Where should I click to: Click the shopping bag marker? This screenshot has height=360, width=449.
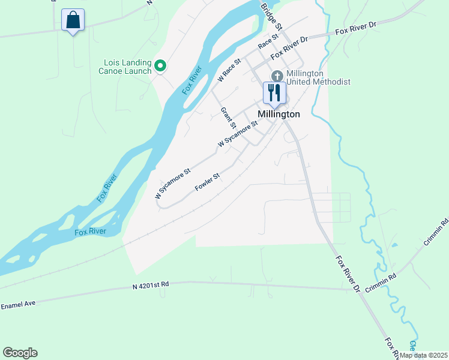pos(73,20)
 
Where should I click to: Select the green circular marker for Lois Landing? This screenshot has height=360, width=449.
pos(160,65)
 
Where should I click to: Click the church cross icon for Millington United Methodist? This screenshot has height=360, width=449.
pos(277,76)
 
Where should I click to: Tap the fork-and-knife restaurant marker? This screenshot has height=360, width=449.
pos(274,93)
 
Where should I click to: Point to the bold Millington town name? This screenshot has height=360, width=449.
pos(279,113)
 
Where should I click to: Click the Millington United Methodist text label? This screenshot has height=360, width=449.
pos(318,77)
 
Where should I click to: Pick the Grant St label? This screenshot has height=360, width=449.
pos(227,118)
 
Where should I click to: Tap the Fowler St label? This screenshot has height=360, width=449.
pos(208,182)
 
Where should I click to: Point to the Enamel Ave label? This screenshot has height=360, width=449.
pos(19,305)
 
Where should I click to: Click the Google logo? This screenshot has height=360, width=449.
pos(20,353)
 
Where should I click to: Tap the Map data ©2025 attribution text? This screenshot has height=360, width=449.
pos(423,355)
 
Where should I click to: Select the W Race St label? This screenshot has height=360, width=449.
pos(229,70)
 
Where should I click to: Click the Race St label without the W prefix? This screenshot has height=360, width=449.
pos(268,41)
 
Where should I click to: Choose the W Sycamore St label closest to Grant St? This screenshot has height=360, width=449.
pos(238,134)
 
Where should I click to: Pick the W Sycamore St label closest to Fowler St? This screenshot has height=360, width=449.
pos(172,184)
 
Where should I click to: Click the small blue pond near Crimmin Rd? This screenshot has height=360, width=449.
pos(394,245)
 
